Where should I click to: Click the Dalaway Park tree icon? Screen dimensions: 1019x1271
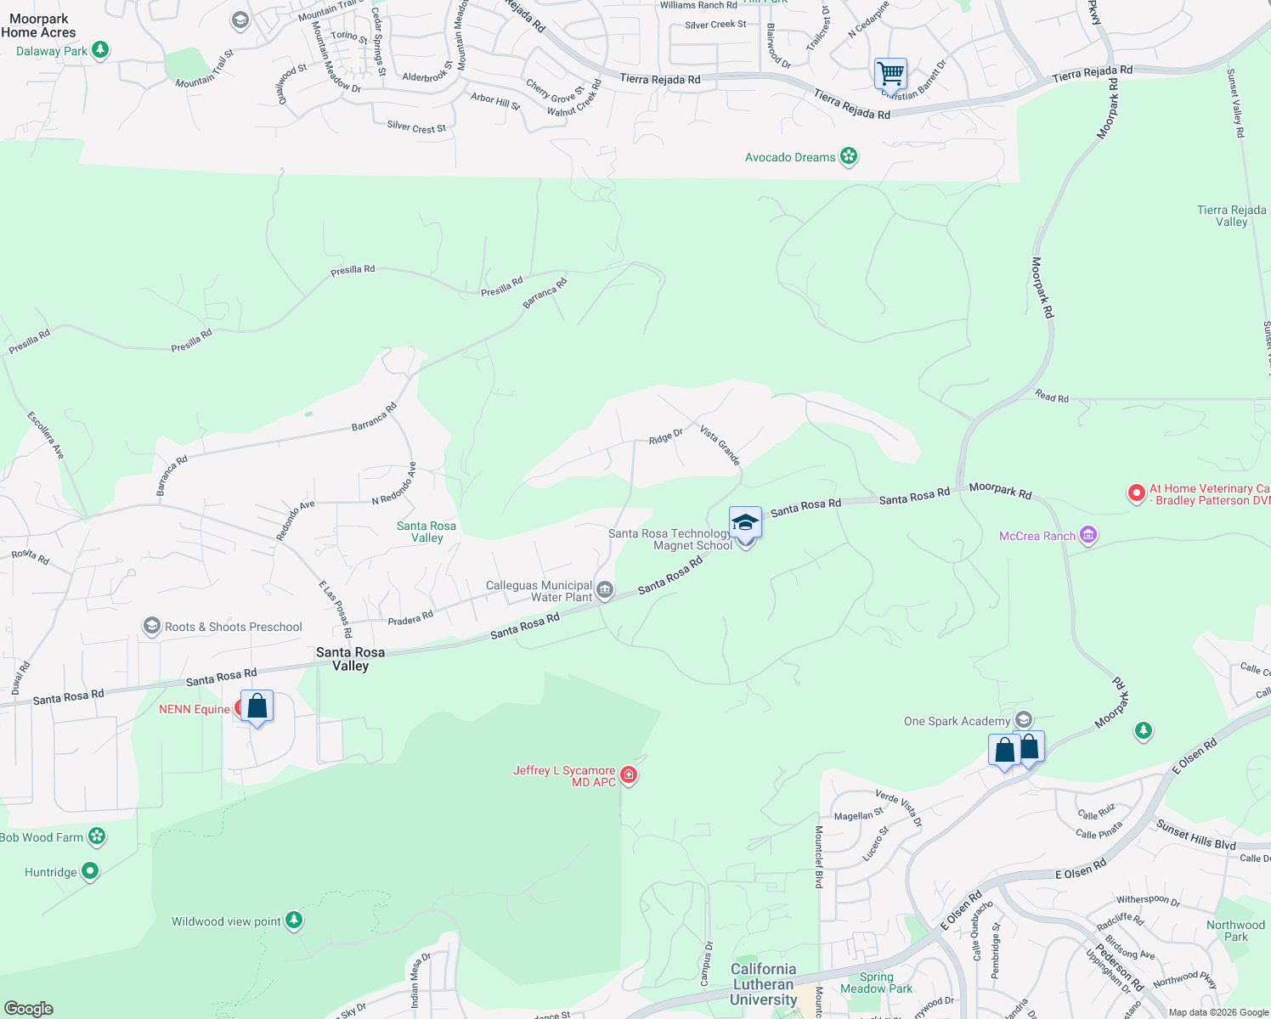pyautogui.click(x=100, y=50)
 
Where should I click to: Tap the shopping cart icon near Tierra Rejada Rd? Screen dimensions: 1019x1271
pyautogui.click(x=890, y=73)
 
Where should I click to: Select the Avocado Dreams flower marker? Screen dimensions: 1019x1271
pyautogui.click(x=848, y=156)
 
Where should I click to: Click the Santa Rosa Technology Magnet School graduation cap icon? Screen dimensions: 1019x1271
pyautogui.click(x=745, y=522)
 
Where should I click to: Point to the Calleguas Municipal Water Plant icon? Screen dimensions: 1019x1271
pyautogui.click(x=605, y=590)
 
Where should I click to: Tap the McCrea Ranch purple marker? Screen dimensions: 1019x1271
pyautogui.click(x=1088, y=536)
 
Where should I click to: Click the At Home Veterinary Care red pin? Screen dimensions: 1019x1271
pyautogui.click(x=1136, y=493)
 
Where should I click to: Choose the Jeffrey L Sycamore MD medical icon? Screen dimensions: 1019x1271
pyautogui.click(x=629, y=774)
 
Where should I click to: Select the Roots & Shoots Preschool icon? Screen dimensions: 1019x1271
pyautogui.click(x=151, y=627)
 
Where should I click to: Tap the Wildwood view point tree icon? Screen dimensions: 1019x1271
pyautogui.click(x=294, y=920)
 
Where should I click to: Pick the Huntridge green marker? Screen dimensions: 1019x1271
pyautogui.click(x=90, y=871)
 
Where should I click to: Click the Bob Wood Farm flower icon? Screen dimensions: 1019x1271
pyautogui.click(x=97, y=836)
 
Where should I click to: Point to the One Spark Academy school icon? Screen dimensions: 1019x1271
pyautogui.click(x=1024, y=720)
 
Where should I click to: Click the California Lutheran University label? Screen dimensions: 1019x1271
pyautogui.click(x=763, y=984)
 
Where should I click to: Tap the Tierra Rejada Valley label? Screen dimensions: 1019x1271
pyautogui.click(x=1231, y=216)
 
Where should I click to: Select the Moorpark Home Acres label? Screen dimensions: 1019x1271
pyautogui.click(x=38, y=25)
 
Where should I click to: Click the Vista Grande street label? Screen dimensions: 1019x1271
pyautogui.click(x=720, y=445)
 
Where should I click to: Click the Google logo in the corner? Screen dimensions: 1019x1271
pyautogui.click(x=28, y=1009)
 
